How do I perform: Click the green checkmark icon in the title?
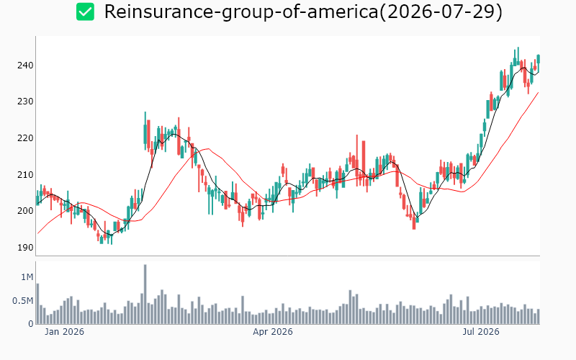pyautogui.click(x=85, y=12)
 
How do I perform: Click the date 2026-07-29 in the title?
pyautogui.click(x=441, y=12)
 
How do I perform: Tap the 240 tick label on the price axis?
pyautogui.click(x=25, y=66)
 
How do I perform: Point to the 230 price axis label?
pyautogui.click(x=25, y=102)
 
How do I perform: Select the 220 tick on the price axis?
pyautogui.click(x=25, y=138)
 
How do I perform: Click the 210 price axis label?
pyautogui.click(x=25, y=174)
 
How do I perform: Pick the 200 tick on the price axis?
pyautogui.click(x=25, y=211)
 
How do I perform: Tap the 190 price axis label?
pyautogui.click(x=25, y=247)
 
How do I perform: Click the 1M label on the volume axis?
pyautogui.click(x=27, y=277)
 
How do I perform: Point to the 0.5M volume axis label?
pyautogui.click(x=23, y=301)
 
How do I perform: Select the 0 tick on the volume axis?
pyautogui.click(x=31, y=324)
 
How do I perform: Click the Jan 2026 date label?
pyautogui.click(x=64, y=332)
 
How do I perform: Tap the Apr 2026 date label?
pyautogui.click(x=273, y=332)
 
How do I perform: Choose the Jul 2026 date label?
pyautogui.click(x=481, y=332)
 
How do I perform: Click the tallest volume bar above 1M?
pyautogui.click(x=145, y=294)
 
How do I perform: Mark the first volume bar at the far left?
pyautogui.click(x=37, y=304)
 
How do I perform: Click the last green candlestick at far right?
pyautogui.click(x=538, y=59)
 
